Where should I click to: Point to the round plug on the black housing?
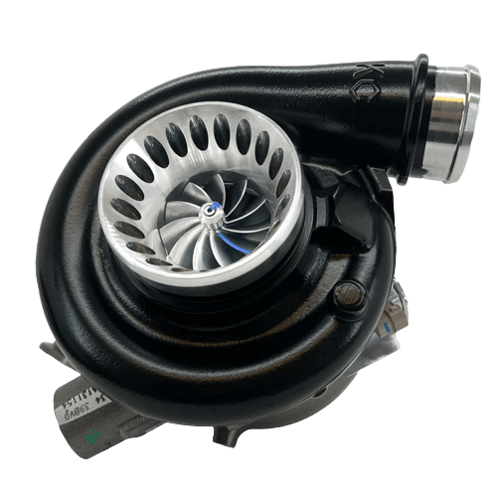click(349, 293)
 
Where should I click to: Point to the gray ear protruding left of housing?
click(51, 348)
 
